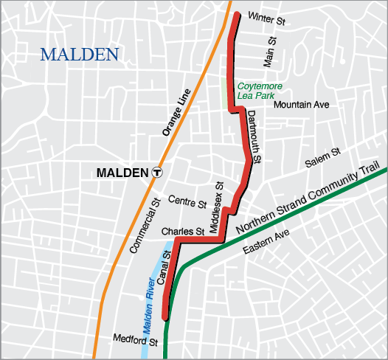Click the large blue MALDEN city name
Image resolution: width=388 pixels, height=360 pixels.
point(80,54)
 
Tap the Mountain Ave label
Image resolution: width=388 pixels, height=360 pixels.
point(301,105)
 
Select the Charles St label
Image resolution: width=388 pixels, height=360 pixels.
point(182,231)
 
